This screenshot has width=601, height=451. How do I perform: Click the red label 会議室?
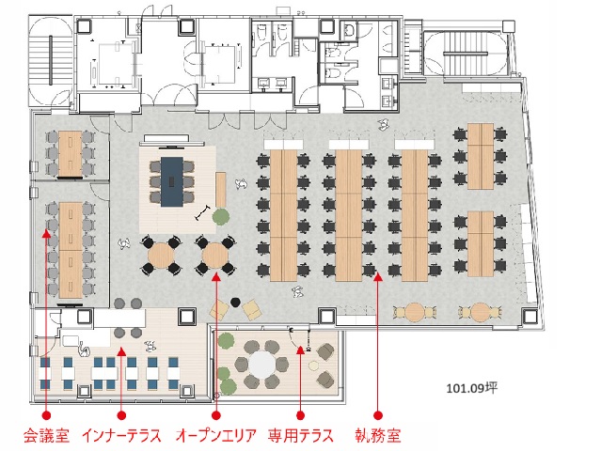point(46,436)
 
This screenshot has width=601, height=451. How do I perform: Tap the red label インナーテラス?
point(121,436)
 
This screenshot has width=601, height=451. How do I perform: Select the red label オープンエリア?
point(215,436)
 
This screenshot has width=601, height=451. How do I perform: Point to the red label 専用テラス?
point(301,436)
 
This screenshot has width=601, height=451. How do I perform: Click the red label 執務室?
point(378,436)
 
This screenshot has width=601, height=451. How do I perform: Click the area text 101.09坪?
point(472,388)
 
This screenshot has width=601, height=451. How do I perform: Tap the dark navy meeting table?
point(172,181)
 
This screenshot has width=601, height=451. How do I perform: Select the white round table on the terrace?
point(262,364)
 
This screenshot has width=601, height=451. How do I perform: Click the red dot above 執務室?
point(378,415)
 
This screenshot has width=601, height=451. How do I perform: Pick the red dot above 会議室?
point(46,415)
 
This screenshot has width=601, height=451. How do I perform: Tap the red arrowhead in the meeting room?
point(46,234)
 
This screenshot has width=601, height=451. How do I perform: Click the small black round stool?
point(235,302)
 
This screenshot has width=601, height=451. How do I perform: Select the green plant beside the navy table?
point(221,217)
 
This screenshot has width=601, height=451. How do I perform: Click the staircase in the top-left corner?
point(51,60)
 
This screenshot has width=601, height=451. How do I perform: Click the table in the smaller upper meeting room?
point(71,153)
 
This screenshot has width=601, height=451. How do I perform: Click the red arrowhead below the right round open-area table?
point(215,276)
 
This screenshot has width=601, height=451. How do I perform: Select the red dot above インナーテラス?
point(121,415)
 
